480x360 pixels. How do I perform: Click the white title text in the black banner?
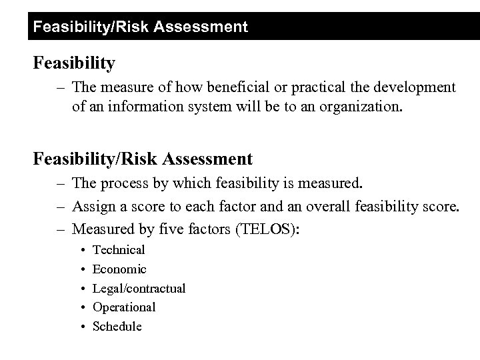[140, 27]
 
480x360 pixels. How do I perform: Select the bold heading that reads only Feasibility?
[75, 63]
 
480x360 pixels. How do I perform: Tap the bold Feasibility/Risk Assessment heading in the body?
[143, 159]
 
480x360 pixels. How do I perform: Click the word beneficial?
[220, 87]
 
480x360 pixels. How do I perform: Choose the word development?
[413, 87]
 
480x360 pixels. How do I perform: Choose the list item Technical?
[119, 250]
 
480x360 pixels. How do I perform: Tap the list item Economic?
[119, 269]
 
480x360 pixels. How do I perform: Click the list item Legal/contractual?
[139, 288]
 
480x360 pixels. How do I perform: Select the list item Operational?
[124, 307]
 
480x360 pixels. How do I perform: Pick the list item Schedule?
[117, 326]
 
